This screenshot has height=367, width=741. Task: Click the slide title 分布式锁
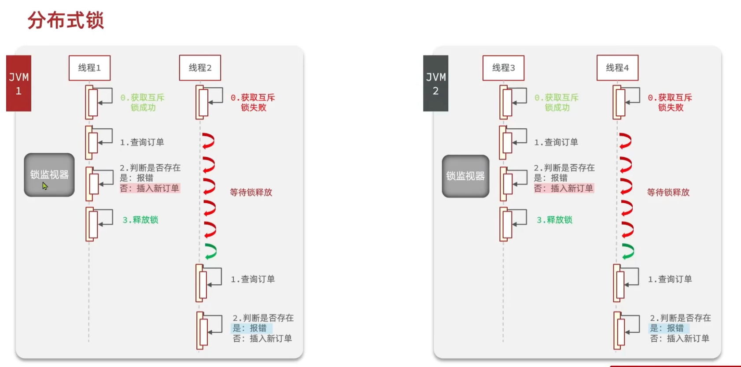point(66,20)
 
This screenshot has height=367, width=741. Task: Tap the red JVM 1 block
point(18,83)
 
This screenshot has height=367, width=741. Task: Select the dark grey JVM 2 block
point(435,83)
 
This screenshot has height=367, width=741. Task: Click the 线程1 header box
point(89,68)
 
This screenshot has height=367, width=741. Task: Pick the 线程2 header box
point(200,68)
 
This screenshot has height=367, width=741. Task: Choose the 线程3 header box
point(503,68)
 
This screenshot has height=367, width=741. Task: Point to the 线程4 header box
point(617,68)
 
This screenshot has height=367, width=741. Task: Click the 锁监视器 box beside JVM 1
point(49,174)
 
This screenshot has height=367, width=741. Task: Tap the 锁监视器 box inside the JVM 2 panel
point(465,176)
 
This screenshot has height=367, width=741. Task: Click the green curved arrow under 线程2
point(210,251)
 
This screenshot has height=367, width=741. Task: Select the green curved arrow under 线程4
point(628,251)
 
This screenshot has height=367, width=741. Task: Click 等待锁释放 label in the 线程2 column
point(251,192)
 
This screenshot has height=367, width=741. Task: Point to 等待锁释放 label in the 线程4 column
point(668,192)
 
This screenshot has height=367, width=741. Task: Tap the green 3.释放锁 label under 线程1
point(140,220)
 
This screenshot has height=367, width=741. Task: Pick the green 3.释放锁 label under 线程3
point(554,220)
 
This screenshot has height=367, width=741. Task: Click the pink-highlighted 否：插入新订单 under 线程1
point(150,188)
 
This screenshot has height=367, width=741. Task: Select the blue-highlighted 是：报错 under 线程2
point(250,328)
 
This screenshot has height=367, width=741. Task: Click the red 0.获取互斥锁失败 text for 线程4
point(670,102)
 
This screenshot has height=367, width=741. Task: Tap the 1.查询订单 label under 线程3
point(556,142)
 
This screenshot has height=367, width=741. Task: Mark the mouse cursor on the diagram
point(45,186)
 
